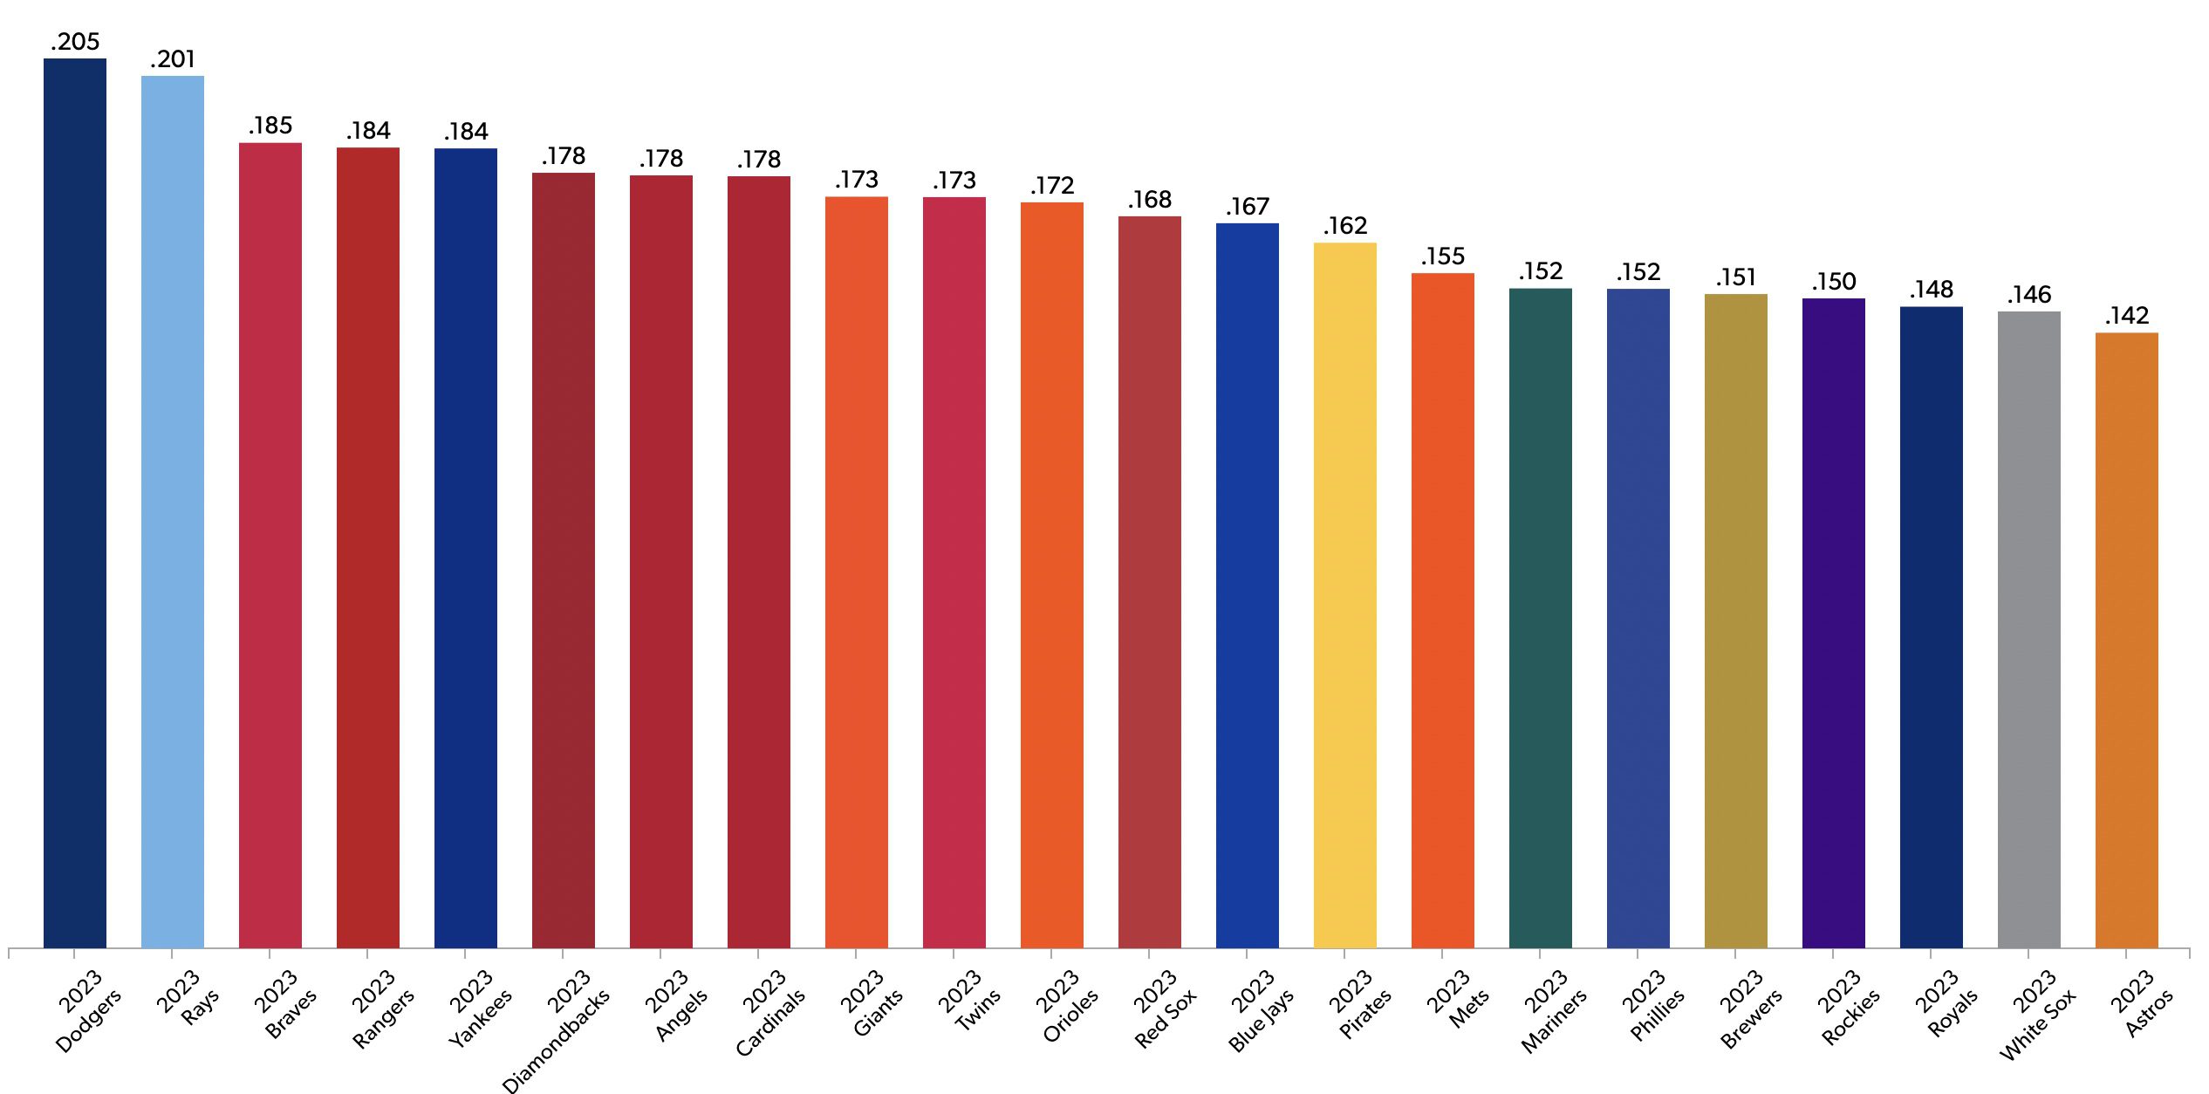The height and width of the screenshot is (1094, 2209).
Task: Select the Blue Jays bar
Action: click(x=1248, y=585)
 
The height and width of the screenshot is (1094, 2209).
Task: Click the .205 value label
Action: click(x=75, y=42)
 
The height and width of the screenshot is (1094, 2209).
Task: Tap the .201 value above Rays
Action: click(x=173, y=59)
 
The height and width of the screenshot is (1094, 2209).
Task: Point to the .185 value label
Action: click(x=270, y=126)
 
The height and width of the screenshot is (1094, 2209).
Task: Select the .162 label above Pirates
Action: click(x=1345, y=226)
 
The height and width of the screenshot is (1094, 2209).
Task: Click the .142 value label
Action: click(x=2127, y=316)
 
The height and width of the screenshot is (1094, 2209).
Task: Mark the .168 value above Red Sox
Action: click(x=1150, y=200)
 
